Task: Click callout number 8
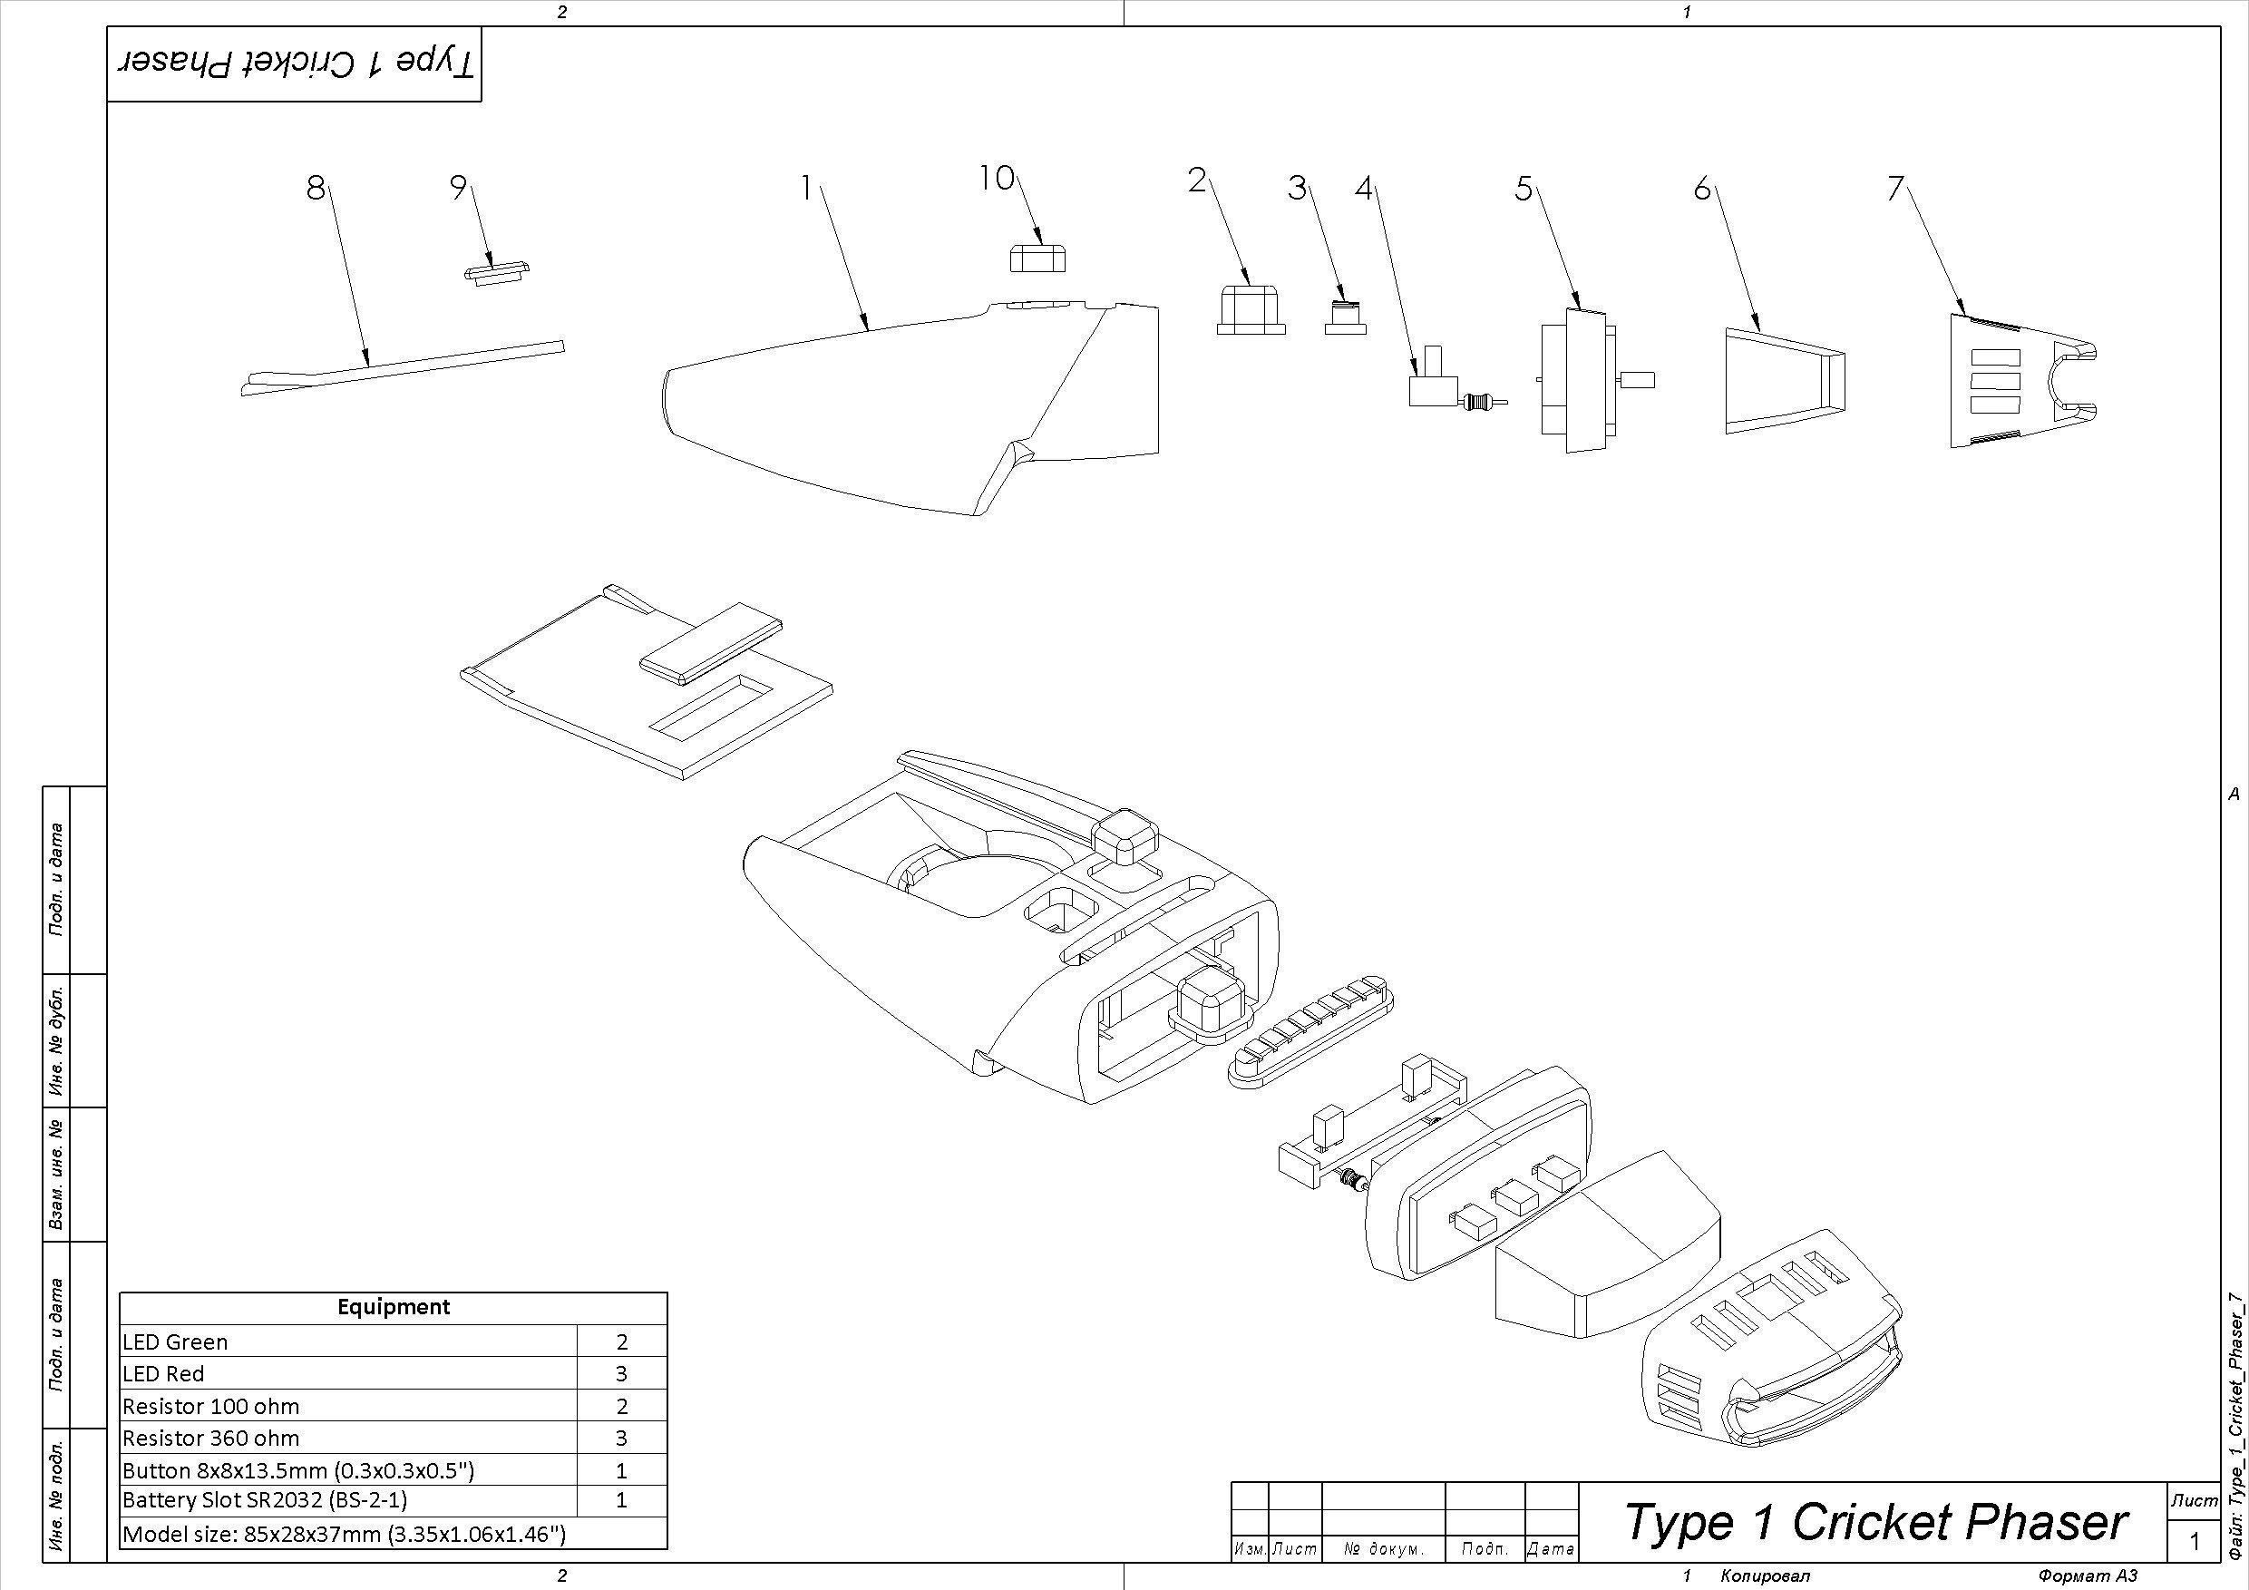315,187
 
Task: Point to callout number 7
1895,188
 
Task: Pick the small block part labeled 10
1037,258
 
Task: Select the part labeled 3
1345,318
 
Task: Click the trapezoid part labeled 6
1783,380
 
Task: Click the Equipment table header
393,1307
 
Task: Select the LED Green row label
175,1342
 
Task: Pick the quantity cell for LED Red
621,1373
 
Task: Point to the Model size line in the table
344,1533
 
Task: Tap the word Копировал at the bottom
1765,1575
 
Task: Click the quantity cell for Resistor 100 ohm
621,1407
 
